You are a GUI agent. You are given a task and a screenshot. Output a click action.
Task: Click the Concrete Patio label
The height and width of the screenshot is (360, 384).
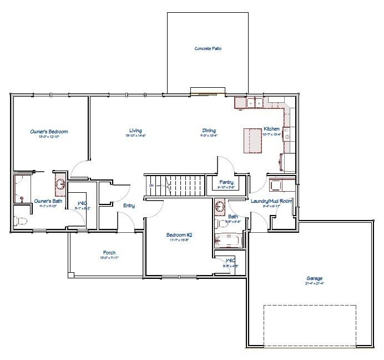click(208, 49)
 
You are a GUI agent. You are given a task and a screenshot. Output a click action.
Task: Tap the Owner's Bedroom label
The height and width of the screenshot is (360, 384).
click(49, 132)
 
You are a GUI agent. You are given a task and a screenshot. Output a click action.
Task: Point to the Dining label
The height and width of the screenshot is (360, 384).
click(209, 131)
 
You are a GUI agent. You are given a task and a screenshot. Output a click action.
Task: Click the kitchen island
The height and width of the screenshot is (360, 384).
click(252, 140)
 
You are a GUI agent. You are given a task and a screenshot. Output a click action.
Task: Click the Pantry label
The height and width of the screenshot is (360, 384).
click(226, 182)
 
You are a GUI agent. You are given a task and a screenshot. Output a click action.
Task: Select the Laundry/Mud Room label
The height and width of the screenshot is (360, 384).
click(271, 201)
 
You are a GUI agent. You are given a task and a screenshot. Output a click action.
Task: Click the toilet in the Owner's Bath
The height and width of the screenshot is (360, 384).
click(21, 222)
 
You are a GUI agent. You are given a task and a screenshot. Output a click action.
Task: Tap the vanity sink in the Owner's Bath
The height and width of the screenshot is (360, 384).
click(60, 184)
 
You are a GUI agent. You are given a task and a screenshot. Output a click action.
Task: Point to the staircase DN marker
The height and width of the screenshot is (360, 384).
click(151, 186)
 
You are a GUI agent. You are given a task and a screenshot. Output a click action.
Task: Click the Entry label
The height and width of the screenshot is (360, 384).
click(129, 206)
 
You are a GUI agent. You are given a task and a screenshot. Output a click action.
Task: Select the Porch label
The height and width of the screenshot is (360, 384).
click(109, 253)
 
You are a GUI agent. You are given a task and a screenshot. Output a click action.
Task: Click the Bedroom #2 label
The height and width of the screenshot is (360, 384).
click(179, 235)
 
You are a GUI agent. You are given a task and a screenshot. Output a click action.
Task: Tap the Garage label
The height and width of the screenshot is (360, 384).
click(314, 278)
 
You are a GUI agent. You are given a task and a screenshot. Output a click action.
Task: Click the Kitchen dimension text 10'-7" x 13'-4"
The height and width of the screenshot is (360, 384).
click(271, 134)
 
